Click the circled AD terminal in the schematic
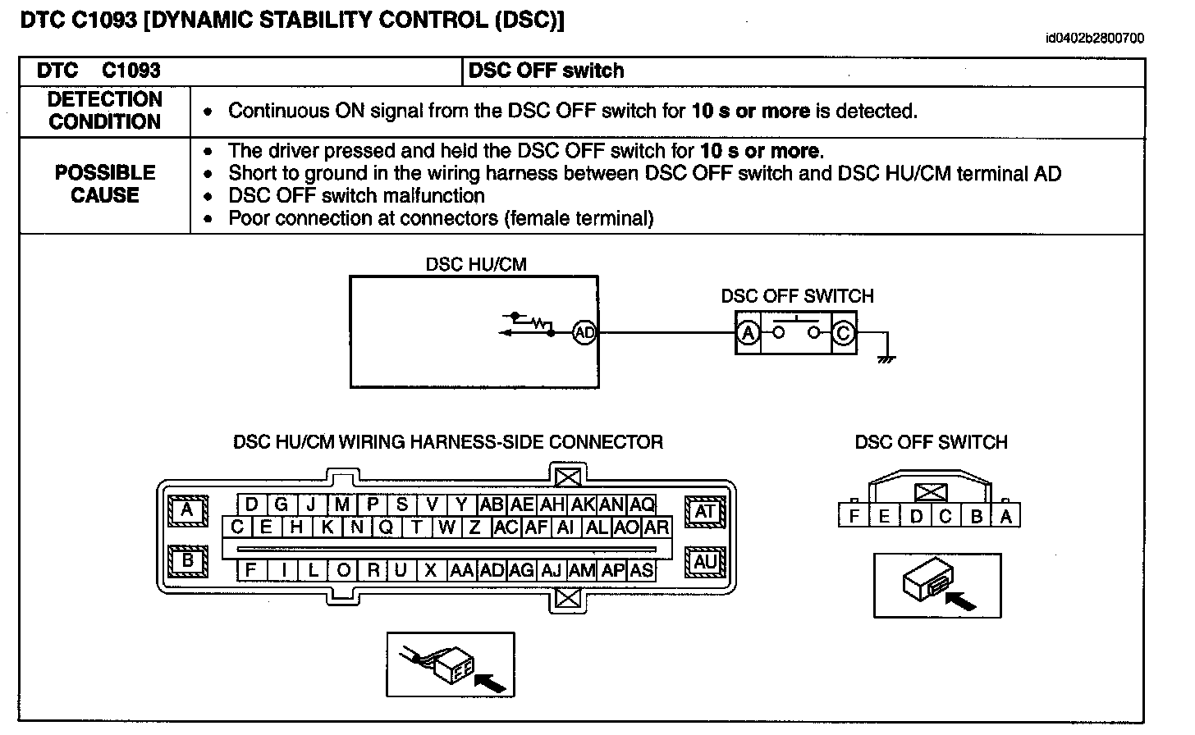tap(584, 333)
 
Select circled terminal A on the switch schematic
tap(748, 333)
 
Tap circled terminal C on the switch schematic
tap(843, 333)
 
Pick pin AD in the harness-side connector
tap(492, 570)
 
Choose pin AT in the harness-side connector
tap(705, 511)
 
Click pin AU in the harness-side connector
tap(705, 562)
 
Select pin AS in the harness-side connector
tap(642, 570)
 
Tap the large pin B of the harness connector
tap(187, 562)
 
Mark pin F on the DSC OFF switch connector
tap(854, 517)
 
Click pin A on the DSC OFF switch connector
tap(1006, 517)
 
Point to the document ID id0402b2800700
tap(1095, 39)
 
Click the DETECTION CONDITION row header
tap(105, 111)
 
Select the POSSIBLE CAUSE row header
tap(105, 184)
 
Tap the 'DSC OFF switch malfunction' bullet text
tap(356, 196)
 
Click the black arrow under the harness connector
tap(490, 682)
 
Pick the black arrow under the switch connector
tap(961, 600)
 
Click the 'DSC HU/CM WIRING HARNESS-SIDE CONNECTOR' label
tap(448, 442)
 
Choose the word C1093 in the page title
tap(103, 21)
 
